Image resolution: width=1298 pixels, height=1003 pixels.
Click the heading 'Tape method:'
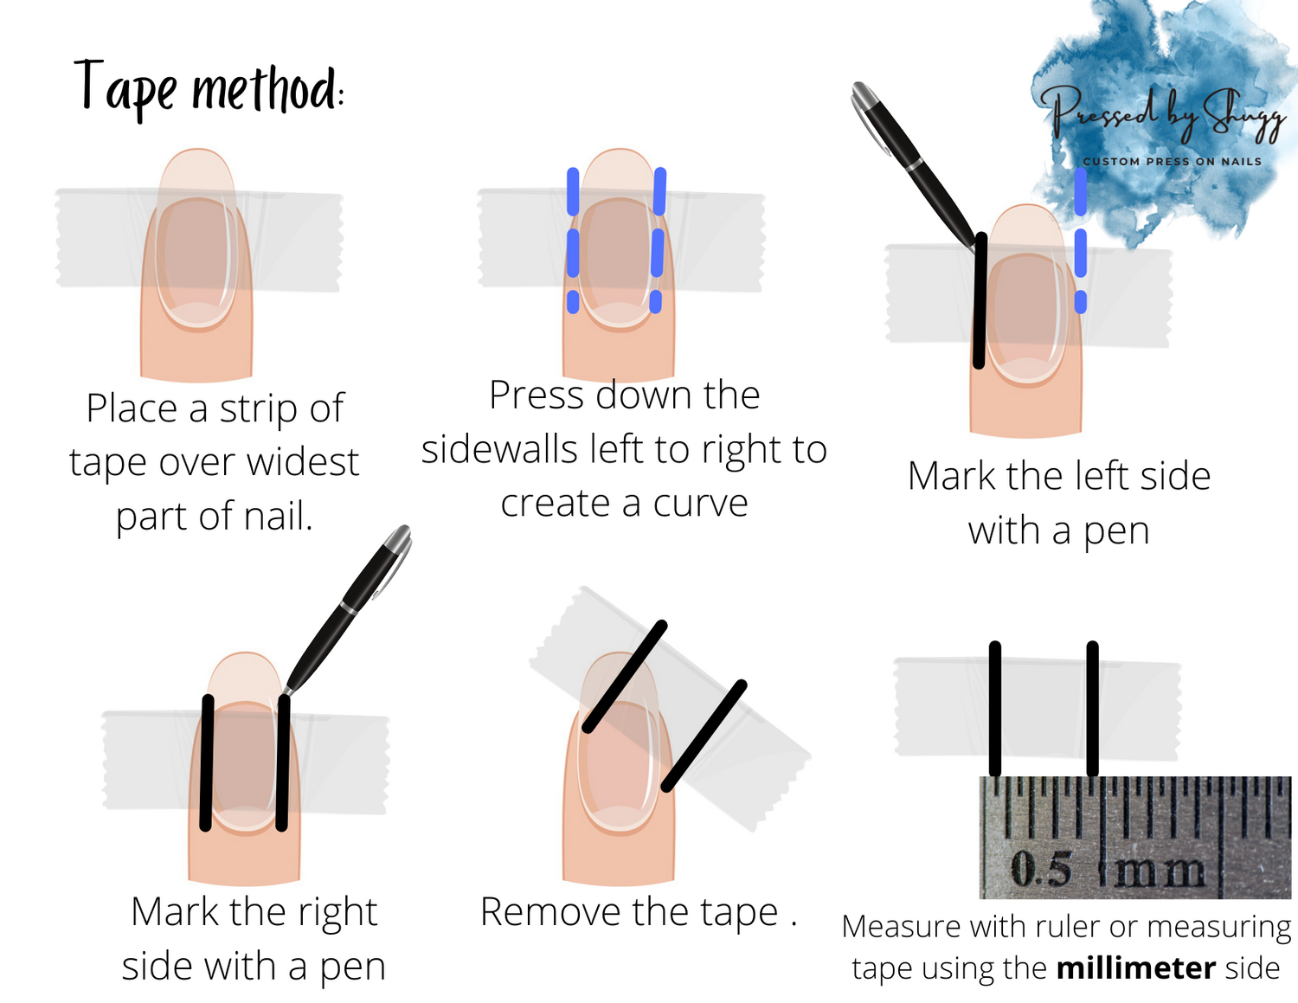click(209, 90)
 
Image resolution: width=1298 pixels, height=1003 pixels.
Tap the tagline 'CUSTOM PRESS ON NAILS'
click(1173, 161)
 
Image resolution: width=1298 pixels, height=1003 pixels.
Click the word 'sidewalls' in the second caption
click(499, 449)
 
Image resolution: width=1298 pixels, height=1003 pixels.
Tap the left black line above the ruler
click(994, 709)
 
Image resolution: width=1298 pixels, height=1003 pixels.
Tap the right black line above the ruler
click(1093, 709)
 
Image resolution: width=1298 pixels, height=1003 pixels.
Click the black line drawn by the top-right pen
click(980, 300)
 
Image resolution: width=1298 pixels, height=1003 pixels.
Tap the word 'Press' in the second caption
click(538, 395)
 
